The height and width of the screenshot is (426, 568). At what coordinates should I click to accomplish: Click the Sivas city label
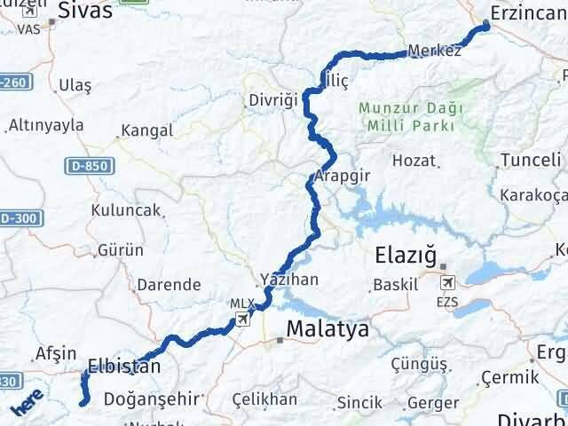86,11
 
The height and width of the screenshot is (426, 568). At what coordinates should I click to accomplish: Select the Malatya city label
327,329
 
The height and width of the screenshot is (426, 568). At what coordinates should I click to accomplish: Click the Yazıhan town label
288,279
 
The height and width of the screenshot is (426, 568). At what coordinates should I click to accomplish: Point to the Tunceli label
531,160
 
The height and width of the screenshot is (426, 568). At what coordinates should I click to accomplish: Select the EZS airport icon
447,282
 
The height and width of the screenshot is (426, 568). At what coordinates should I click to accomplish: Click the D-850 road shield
83,166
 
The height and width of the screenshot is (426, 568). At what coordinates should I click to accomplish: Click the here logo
28,402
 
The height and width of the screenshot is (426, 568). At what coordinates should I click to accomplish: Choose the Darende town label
168,285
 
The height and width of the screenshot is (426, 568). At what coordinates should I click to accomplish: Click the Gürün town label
121,250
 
